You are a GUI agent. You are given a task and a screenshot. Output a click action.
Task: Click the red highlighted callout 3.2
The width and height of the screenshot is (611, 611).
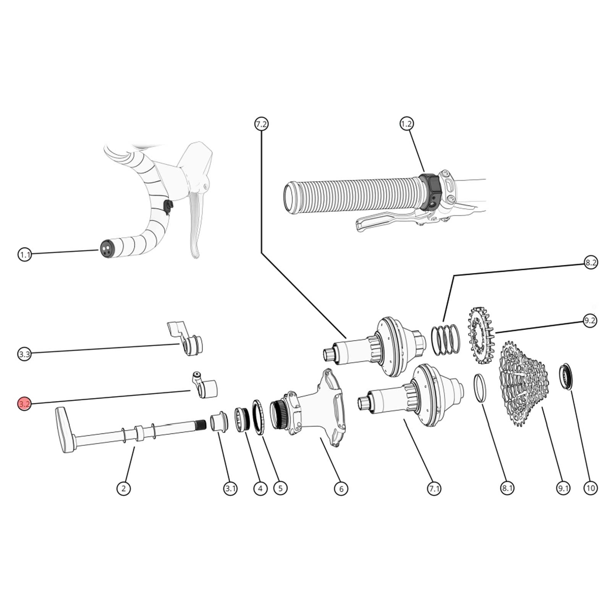click(x=24, y=404)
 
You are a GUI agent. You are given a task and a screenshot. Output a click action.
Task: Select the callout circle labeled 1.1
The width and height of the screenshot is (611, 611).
click(x=25, y=254)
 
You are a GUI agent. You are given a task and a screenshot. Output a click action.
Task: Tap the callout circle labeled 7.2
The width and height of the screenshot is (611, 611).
click(x=262, y=124)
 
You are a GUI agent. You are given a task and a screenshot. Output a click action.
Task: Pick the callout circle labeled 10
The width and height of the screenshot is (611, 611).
click(x=590, y=488)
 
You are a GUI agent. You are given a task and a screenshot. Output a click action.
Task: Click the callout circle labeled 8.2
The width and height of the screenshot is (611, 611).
click(x=590, y=262)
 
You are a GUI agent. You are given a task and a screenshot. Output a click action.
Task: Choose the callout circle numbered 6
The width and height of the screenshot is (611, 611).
click(x=341, y=488)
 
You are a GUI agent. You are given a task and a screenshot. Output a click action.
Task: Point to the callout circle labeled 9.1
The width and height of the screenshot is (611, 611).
click(x=563, y=488)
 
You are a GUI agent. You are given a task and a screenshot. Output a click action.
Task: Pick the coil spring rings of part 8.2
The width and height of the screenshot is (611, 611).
click(x=446, y=339)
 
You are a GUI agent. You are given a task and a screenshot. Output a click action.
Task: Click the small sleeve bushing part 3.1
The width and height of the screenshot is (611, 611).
click(x=218, y=421)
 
